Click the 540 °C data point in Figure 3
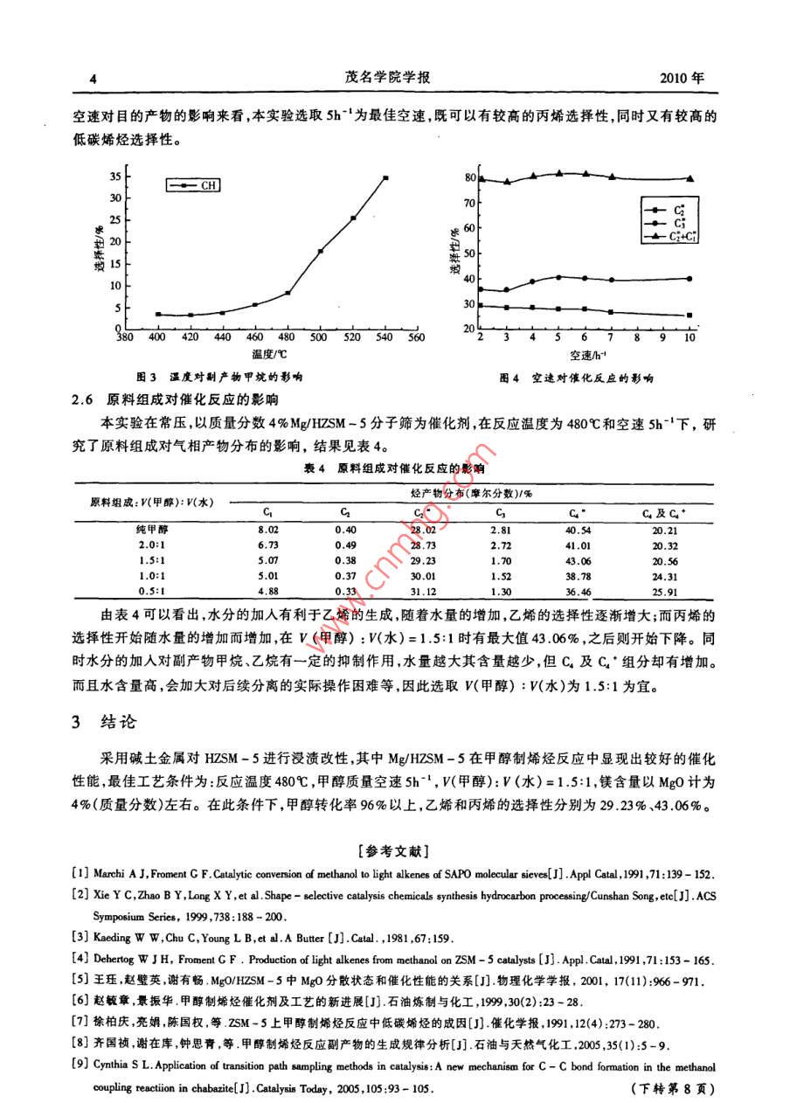tap(385, 178)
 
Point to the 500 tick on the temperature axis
tap(320, 337)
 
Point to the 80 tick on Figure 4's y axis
tap(469, 178)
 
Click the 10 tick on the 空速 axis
tap(690, 337)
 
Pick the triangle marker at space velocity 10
tap(690, 178)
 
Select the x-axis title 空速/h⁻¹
tap(588, 356)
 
